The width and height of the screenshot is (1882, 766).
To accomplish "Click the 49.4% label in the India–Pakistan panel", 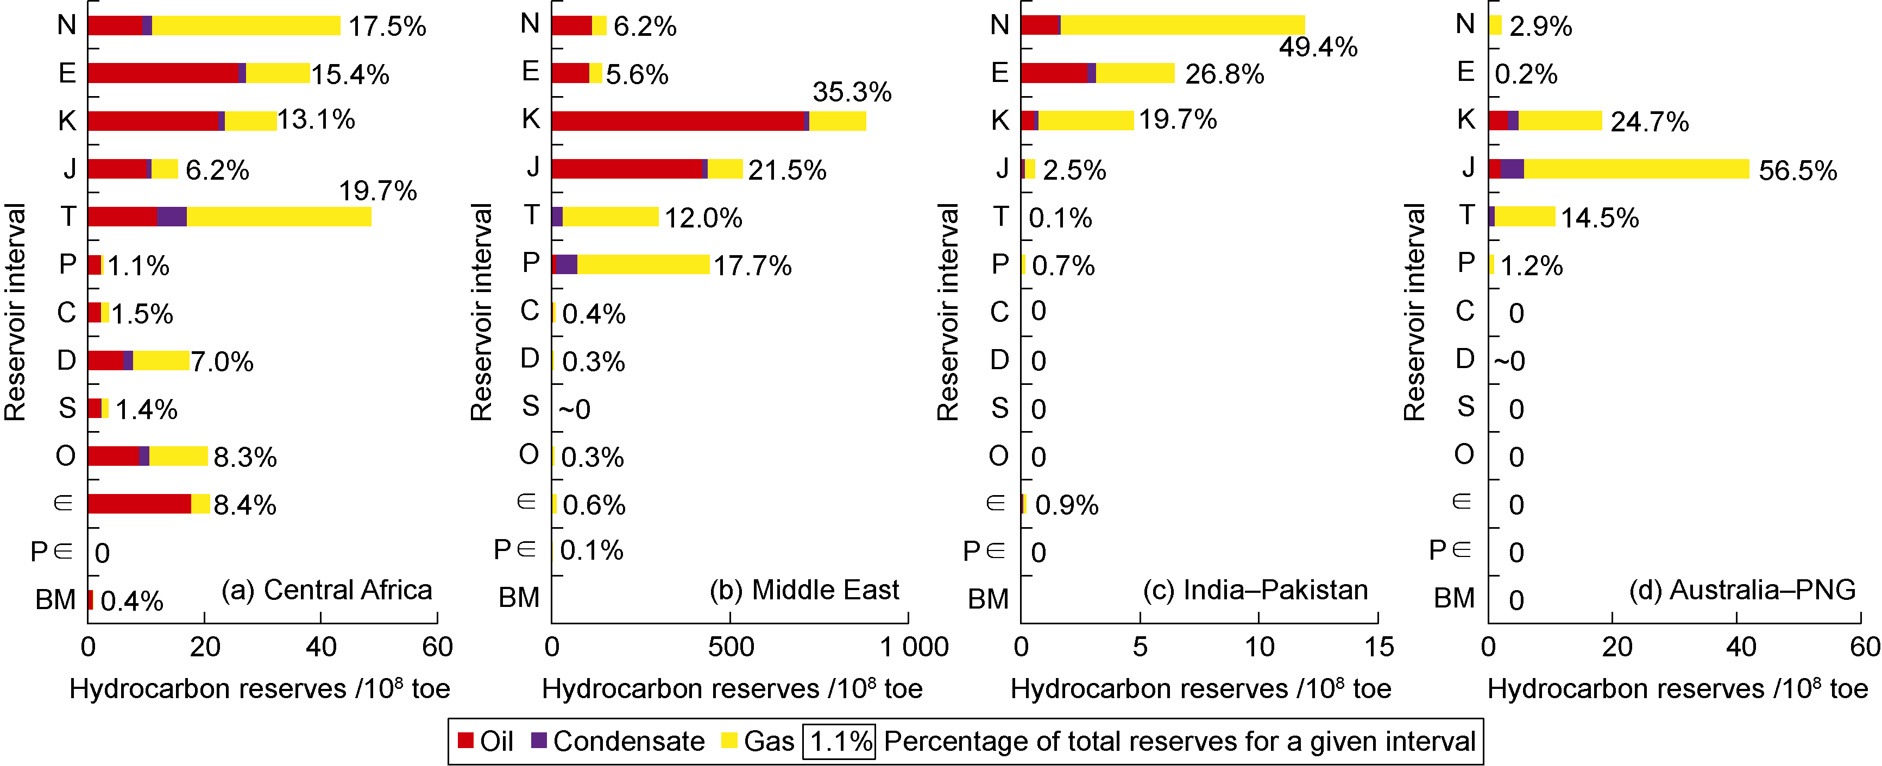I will pyautogui.click(x=1318, y=47).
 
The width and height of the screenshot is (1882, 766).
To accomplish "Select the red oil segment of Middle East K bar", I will pyautogui.click(x=677, y=121).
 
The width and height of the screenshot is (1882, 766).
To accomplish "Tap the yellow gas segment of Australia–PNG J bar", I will pyautogui.click(x=1636, y=169).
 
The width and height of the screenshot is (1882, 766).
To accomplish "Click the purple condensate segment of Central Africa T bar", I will pyautogui.click(x=172, y=217).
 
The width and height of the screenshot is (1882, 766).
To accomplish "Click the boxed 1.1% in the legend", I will pyautogui.click(x=840, y=741).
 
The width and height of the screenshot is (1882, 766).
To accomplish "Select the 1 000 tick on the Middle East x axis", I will pyautogui.click(x=913, y=647).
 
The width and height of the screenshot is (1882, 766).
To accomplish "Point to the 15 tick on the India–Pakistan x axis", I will pyautogui.click(x=1378, y=647).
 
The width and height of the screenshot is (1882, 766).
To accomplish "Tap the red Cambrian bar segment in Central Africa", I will pyautogui.click(x=139, y=504).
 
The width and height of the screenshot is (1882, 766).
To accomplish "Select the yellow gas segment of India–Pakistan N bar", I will pyautogui.click(x=1182, y=25).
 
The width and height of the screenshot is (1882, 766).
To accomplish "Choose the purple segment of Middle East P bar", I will pyautogui.click(x=567, y=264).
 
